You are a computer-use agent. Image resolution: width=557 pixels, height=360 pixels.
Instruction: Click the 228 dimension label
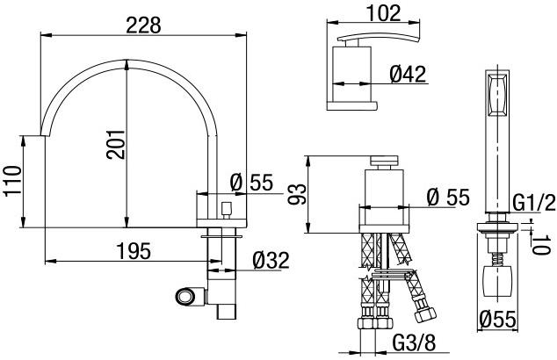pyautogui.click(x=143, y=25)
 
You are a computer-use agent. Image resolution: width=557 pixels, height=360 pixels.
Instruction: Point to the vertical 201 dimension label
pyautogui.click(x=116, y=145)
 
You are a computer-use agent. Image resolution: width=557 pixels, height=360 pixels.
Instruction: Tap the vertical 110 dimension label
pyautogui.click(x=13, y=181)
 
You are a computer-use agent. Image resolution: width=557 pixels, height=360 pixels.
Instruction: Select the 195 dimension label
pyautogui.click(x=134, y=251)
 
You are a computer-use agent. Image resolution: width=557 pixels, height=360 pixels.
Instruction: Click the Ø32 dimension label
pyautogui.click(x=271, y=261)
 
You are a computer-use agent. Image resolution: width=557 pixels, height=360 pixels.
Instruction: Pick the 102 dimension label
pyautogui.click(x=383, y=13)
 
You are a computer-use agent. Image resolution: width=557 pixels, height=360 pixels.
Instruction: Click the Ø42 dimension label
pyautogui.click(x=408, y=75)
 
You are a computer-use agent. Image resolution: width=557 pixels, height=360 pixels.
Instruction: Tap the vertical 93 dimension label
pyautogui.click(x=297, y=195)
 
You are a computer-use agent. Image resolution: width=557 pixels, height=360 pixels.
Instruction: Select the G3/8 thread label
pyautogui.click(x=414, y=342)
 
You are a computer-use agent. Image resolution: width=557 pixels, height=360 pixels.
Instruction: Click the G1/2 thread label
pyautogui.click(x=534, y=203)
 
